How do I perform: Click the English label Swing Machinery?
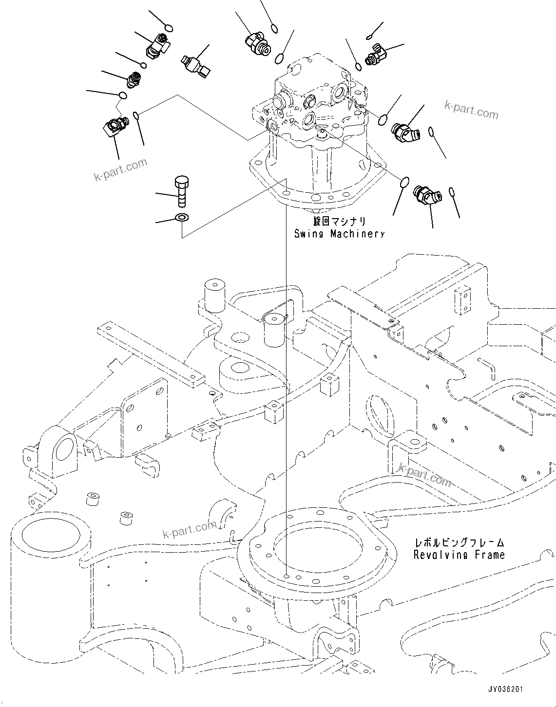[339, 234]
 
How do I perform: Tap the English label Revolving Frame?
[459, 555]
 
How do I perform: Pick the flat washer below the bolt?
[182, 217]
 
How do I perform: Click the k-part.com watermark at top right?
[471, 111]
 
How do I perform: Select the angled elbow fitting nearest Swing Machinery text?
[426, 195]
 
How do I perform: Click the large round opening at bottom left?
[50, 537]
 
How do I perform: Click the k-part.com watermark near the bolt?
[120, 168]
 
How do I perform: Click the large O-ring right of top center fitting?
[279, 59]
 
